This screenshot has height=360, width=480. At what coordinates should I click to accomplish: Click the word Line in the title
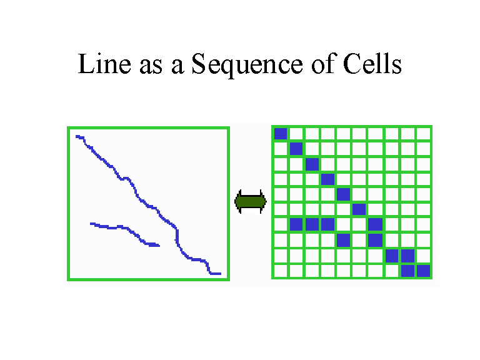104,64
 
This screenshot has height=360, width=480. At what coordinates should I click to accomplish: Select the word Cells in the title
372,63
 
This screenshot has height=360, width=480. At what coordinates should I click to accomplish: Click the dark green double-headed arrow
251,201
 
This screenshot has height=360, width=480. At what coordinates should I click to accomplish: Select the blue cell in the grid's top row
281,134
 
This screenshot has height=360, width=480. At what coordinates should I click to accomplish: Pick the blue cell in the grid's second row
296,149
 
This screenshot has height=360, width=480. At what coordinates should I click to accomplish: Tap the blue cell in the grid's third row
312,164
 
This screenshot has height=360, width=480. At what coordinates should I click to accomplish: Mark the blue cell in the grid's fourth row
327,179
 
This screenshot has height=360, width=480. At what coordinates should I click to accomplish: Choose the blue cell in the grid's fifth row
343,194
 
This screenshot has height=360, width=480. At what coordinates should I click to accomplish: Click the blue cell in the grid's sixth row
359,209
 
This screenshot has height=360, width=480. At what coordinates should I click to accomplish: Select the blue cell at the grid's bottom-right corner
424,271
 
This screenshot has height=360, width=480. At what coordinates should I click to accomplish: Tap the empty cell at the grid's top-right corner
424,134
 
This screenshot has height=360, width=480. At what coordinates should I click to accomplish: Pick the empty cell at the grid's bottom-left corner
281,271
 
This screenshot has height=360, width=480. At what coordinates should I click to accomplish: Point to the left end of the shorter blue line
91,224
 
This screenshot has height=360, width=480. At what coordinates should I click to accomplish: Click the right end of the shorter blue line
159,245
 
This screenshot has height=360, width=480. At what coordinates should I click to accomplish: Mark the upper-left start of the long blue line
76,136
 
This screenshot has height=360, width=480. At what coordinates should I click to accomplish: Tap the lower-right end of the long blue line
221,274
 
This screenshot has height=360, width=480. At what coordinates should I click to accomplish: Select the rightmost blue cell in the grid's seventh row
375,224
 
